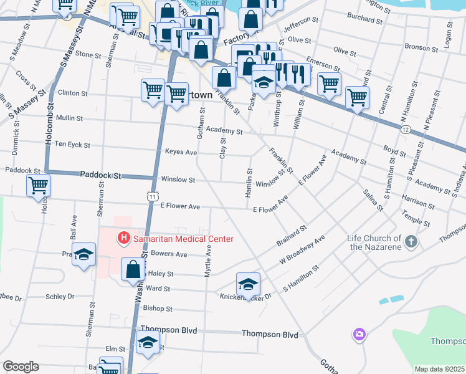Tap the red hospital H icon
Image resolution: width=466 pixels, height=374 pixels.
[123, 238]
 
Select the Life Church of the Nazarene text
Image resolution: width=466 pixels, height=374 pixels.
[374, 242]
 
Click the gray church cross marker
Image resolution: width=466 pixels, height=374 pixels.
[411, 241]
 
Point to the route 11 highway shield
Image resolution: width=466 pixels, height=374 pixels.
[152, 196]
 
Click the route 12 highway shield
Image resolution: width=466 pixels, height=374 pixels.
[406, 129]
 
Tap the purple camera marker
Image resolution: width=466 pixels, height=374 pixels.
[359, 335]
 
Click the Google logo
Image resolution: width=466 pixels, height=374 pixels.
[21, 367]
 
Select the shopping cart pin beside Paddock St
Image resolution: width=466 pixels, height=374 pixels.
[39, 185]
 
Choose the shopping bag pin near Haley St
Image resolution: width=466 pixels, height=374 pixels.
[133, 269]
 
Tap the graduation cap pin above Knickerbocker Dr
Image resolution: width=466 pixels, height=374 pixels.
[248, 284]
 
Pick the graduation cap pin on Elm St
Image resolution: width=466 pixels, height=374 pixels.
[148, 343]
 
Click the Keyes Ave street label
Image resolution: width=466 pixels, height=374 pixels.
[181, 151]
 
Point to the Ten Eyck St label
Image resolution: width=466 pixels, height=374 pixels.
[72, 145]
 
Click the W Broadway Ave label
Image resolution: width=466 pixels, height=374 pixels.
[302, 251]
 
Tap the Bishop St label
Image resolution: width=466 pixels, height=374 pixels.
[157, 308]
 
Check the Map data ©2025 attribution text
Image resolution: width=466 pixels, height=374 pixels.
[439, 369]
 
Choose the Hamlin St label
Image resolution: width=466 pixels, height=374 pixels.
[248, 183]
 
